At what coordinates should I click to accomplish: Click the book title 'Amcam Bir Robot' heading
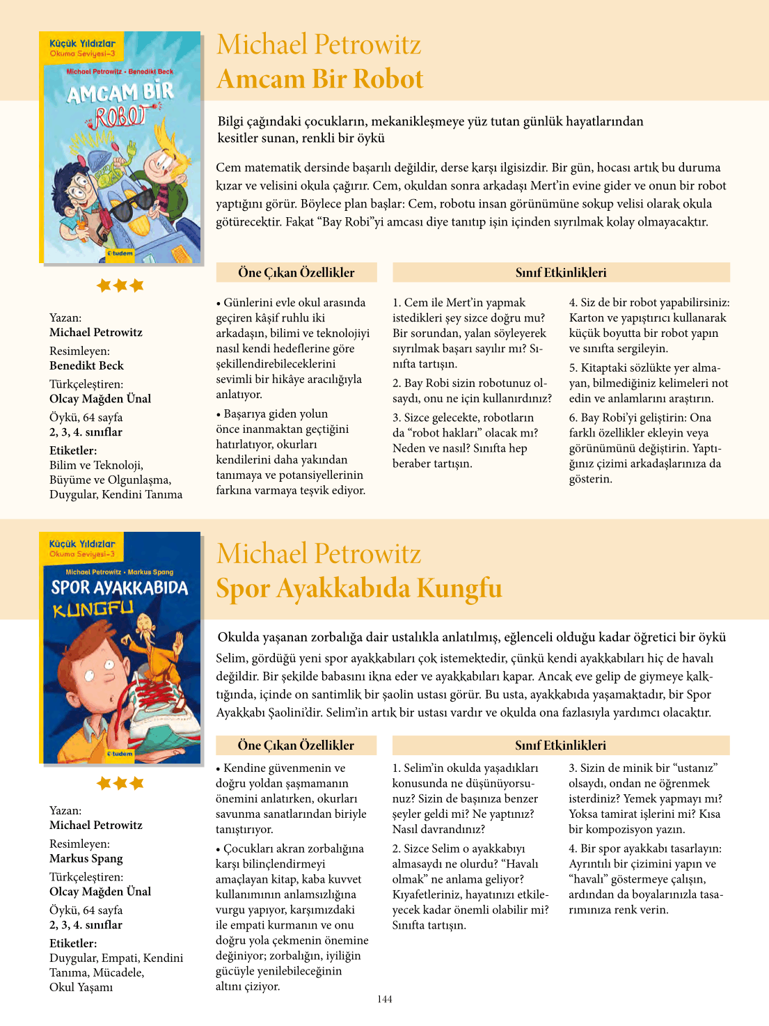[319, 79]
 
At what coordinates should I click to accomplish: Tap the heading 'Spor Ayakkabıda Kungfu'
[358, 588]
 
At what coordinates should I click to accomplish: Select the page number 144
[385, 1000]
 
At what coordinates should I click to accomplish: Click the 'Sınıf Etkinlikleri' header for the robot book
[561, 273]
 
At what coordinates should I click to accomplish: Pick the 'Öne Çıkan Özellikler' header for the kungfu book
[296, 745]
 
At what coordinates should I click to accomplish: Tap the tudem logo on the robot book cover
[120, 253]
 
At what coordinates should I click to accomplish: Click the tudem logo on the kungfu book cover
[120, 754]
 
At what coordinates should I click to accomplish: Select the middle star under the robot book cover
[120, 285]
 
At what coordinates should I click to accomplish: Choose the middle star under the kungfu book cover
[120, 784]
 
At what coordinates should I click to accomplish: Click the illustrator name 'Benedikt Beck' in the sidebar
[86, 365]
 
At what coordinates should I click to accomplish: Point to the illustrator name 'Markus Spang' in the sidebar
[86, 858]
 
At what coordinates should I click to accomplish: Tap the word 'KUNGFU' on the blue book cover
[93, 610]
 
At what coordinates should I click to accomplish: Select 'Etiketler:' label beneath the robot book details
[73, 450]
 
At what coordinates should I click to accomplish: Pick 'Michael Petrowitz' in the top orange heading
[319, 45]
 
